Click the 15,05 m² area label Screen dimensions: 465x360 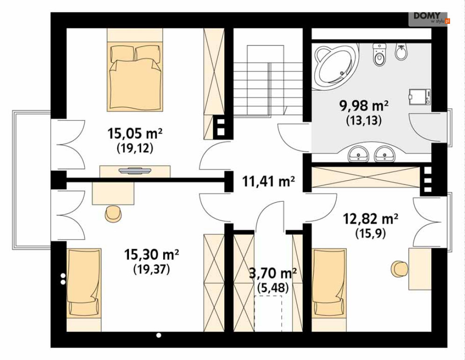tap(135, 134)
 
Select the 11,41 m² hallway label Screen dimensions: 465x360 tap(268, 181)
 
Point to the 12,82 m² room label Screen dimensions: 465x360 tap(371, 219)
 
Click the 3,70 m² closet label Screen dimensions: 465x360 tap(273, 273)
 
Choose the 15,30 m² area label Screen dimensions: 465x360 tap(151, 254)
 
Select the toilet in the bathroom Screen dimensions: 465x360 tap(379, 55)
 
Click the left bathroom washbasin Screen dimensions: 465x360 tap(358, 154)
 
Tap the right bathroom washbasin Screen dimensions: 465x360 tap(385, 154)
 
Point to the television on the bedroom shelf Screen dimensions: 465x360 tap(135, 171)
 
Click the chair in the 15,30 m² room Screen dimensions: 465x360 tap(113, 213)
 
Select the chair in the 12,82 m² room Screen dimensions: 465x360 tap(400, 269)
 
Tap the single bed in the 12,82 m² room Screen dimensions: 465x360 tap(329, 290)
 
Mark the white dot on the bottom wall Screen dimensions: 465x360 tap(158, 335)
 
